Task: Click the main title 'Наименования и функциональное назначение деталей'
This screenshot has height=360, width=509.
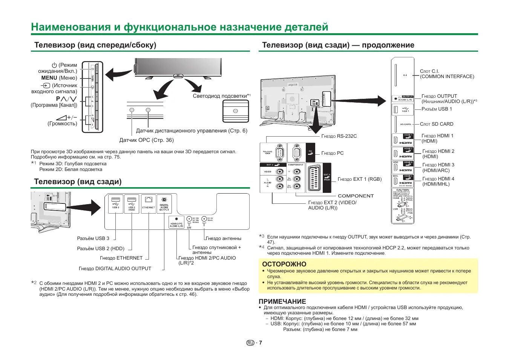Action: [179, 27]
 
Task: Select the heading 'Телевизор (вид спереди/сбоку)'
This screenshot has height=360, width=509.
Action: [95, 45]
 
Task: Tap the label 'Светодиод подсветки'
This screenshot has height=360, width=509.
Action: [221, 96]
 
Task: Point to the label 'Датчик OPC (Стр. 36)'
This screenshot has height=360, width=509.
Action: [146, 140]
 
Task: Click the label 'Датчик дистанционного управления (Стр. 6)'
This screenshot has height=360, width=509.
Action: [192, 131]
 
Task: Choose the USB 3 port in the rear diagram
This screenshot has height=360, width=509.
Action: [116, 203]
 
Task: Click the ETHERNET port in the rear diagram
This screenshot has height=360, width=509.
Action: [149, 203]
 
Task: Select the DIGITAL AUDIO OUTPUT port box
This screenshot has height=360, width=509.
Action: [164, 204]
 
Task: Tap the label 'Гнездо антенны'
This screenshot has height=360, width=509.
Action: [223, 238]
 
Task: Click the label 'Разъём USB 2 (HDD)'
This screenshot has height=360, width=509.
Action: [100, 248]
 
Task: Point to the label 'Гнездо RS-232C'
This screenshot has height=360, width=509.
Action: [339, 136]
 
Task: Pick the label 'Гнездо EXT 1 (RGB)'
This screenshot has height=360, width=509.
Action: [359, 179]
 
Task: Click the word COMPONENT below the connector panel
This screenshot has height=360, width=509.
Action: [356, 196]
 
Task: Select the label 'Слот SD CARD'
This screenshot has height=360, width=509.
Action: [437, 124]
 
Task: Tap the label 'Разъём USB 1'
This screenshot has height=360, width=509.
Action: [437, 109]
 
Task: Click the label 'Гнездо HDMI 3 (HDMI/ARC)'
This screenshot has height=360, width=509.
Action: [438, 168]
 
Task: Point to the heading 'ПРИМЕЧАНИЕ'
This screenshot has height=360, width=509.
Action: [282, 302]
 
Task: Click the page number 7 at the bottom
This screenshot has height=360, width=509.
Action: [260, 343]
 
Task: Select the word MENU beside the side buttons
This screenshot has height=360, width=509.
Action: [49, 78]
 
